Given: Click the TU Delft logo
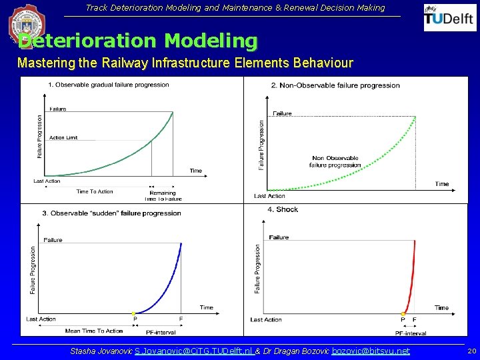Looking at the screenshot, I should (x=450, y=18).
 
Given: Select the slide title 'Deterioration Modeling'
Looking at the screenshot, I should (x=137, y=41).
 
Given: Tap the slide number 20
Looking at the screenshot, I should (x=471, y=351).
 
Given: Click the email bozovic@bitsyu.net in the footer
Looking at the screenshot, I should (x=371, y=351).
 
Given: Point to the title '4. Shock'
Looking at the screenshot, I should (x=283, y=209).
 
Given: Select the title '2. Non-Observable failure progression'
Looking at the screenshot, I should (x=335, y=85).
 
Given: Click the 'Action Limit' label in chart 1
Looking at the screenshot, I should (x=63, y=137).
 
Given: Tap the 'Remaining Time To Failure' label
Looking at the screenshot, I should (x=163, y=196).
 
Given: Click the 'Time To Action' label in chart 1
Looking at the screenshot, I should (x=95, y=191).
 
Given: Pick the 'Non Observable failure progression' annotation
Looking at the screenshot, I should (x=335, y=161).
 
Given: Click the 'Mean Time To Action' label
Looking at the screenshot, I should (x=94, y=331).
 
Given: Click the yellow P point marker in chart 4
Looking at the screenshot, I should (x=403, y=313).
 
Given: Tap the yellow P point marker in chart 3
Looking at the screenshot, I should (x=134, y=313).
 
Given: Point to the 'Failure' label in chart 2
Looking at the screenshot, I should (x=283, y=113).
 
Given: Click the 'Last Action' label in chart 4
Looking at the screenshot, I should (x=266, y=320).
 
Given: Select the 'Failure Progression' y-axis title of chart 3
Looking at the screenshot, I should (x=33, y=270).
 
